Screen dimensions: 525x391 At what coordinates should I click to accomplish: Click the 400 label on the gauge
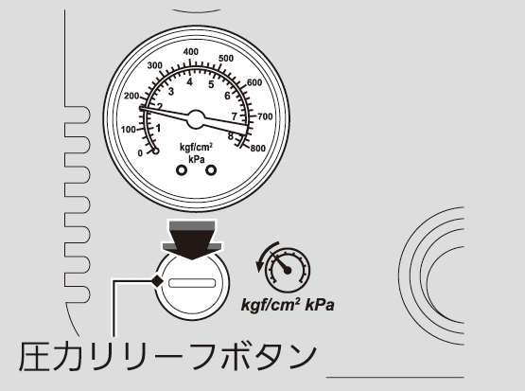click(x=191, y=52)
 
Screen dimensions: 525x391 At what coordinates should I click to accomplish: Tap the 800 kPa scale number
click(x=258, y=148)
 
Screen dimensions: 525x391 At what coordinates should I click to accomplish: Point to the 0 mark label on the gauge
click(x=140, y=153)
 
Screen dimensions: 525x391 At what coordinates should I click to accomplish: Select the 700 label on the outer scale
click(x=265, y=116)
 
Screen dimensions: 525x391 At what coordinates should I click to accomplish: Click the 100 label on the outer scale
click(x=129, y=130)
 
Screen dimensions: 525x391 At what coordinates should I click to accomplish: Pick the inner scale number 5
click(x=211, y=84)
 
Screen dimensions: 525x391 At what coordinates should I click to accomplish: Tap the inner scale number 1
click(x=158, y=128)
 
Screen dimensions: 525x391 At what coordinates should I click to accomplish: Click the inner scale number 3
click(x=171, y=92)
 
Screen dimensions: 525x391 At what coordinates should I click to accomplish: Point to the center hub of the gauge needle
click(x=196, y=119)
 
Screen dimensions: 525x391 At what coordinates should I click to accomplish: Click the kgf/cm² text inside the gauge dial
click(x=196, y=147)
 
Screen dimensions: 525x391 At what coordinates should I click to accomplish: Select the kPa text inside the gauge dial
click(x=197, y=159)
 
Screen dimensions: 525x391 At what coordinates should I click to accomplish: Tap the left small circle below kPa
click(x=182, y=170)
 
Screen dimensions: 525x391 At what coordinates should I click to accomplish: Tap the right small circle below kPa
click(x=211, y=170)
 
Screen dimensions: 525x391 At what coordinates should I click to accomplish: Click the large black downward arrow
click(x=192, y=240)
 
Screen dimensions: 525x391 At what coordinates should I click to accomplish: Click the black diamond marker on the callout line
click(x=157, y=281)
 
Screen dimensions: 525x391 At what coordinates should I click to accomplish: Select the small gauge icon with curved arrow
click(x=284, y=267)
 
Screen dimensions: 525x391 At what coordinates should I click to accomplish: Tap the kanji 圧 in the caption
click(x=33, y=356)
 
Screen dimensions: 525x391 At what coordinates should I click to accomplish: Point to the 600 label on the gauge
click(x=254, y=82)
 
